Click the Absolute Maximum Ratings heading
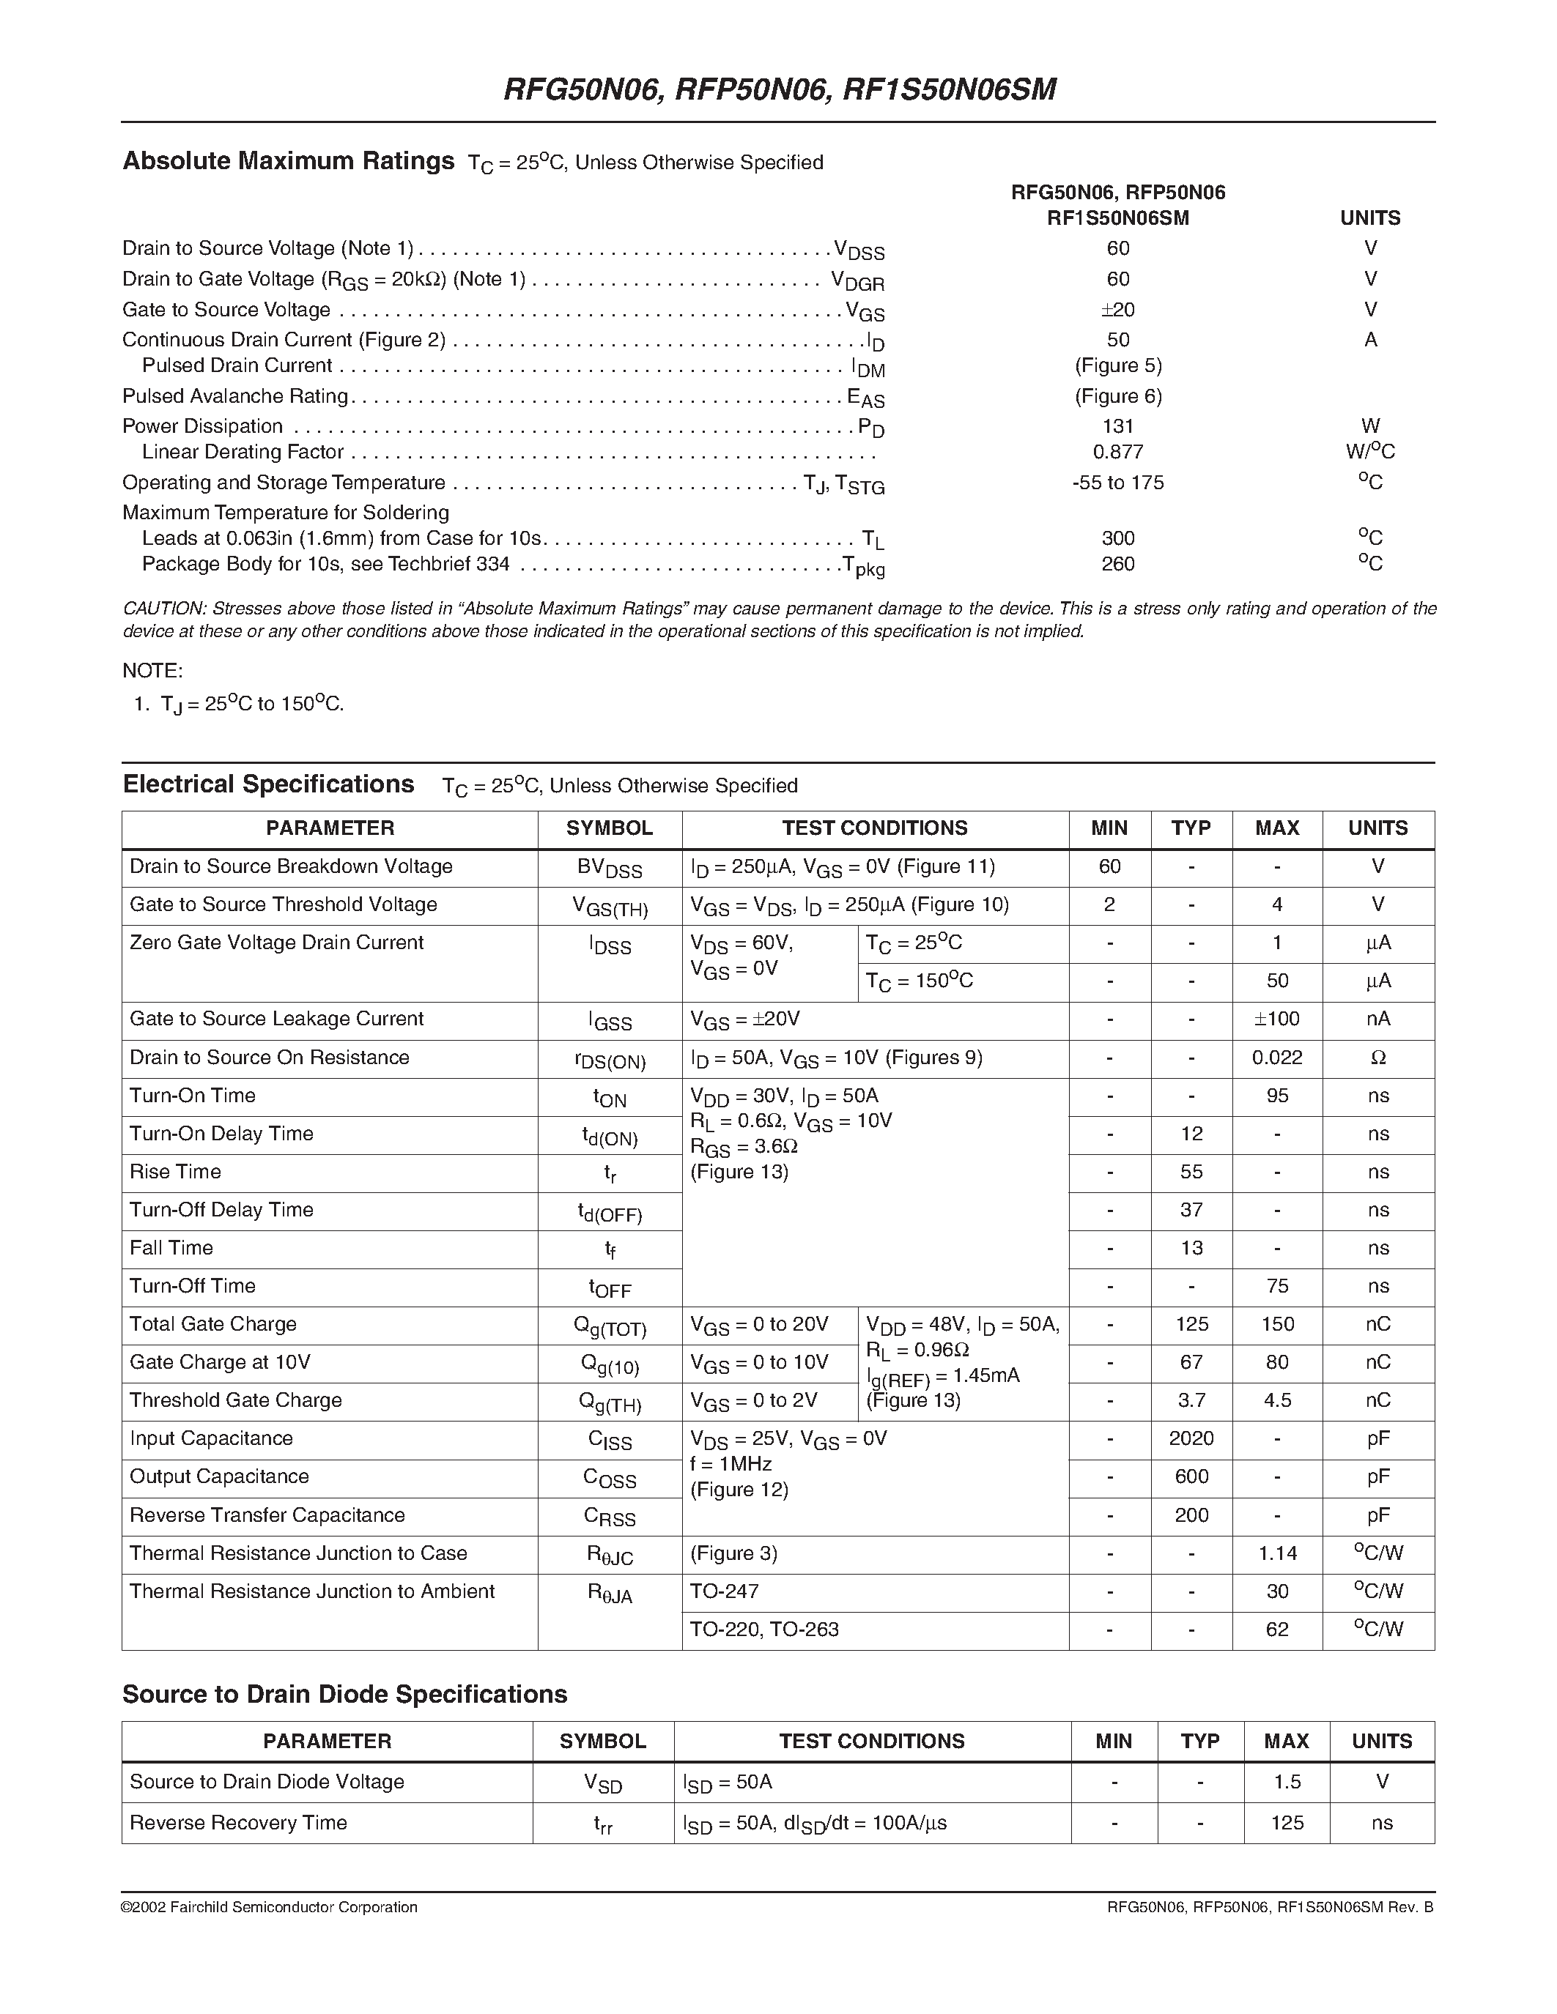coord(289,161)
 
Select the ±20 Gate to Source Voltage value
coord(1118,310)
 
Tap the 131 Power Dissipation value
coord(1118,426)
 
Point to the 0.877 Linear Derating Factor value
coord(1118,452)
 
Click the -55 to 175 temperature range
coord(1118,483)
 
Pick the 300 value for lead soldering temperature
coord(1118,538)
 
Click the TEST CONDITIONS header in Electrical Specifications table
coord(874,828)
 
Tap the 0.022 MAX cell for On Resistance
coord(1276,1058)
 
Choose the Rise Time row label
coord(175,1172)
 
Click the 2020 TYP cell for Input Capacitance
coord(1191,1438)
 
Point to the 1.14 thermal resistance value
coord(1276,1554)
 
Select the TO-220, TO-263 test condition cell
coord(765,1630)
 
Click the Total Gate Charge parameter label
coord(213,1324)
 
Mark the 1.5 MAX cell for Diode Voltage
coord(1287,1782)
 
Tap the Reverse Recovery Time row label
coord(238,1822)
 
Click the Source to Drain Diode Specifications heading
coord(345,1694)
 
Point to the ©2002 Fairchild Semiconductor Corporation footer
coord(270,1907)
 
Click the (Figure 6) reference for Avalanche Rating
coord(1118,396)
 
